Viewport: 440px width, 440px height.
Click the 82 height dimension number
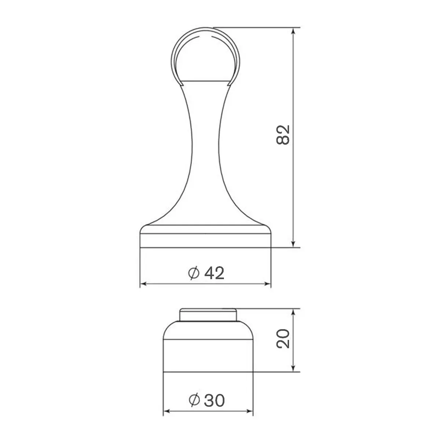[283, 135]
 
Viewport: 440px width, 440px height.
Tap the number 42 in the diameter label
[214, 273]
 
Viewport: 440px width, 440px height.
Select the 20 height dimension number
[283, 339]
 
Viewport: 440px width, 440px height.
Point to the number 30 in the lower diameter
[214, 400]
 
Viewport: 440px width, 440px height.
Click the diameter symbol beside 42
[194, 273]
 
